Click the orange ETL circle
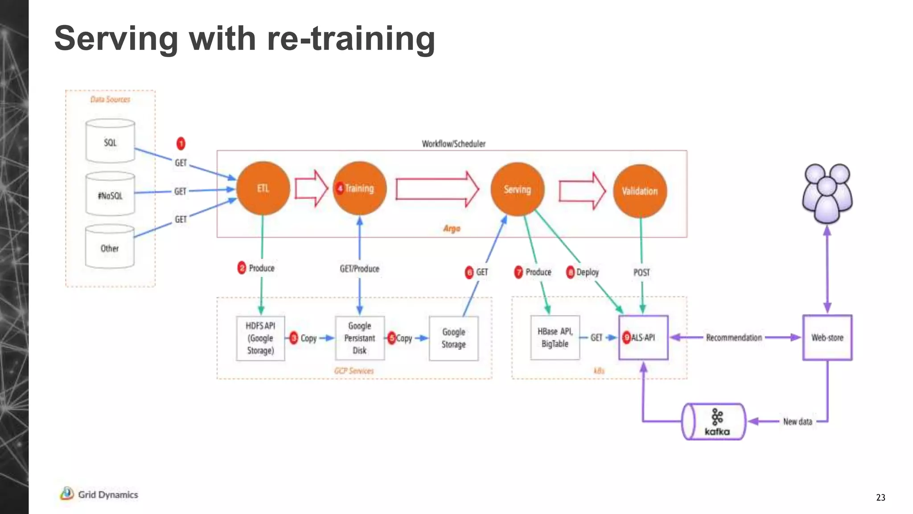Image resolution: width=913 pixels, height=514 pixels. click(263, 188)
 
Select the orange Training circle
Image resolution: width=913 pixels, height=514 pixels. click(360, 188)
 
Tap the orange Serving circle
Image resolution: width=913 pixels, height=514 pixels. click(517, 189)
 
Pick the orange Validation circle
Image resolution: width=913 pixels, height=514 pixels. click(640, 191)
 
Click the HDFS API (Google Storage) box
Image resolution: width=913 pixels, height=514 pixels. click(261, 338)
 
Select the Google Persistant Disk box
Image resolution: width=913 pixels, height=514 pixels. click(360, 338)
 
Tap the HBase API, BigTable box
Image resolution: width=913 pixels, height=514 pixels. click(555, 338)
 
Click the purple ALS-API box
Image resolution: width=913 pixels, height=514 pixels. click(643, 338)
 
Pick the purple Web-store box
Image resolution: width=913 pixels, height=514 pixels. click(827, 338)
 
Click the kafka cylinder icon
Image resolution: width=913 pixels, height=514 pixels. click(714, 422)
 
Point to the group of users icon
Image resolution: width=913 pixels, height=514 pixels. click(827, 193)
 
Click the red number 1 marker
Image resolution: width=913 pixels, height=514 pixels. click(181, 144)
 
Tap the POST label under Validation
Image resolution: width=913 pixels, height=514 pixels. click(642, 272)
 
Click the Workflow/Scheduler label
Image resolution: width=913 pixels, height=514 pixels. click(453, 144)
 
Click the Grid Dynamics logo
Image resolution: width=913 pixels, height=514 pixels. click(99, 494)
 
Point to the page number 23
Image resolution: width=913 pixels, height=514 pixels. click(880, 497)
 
